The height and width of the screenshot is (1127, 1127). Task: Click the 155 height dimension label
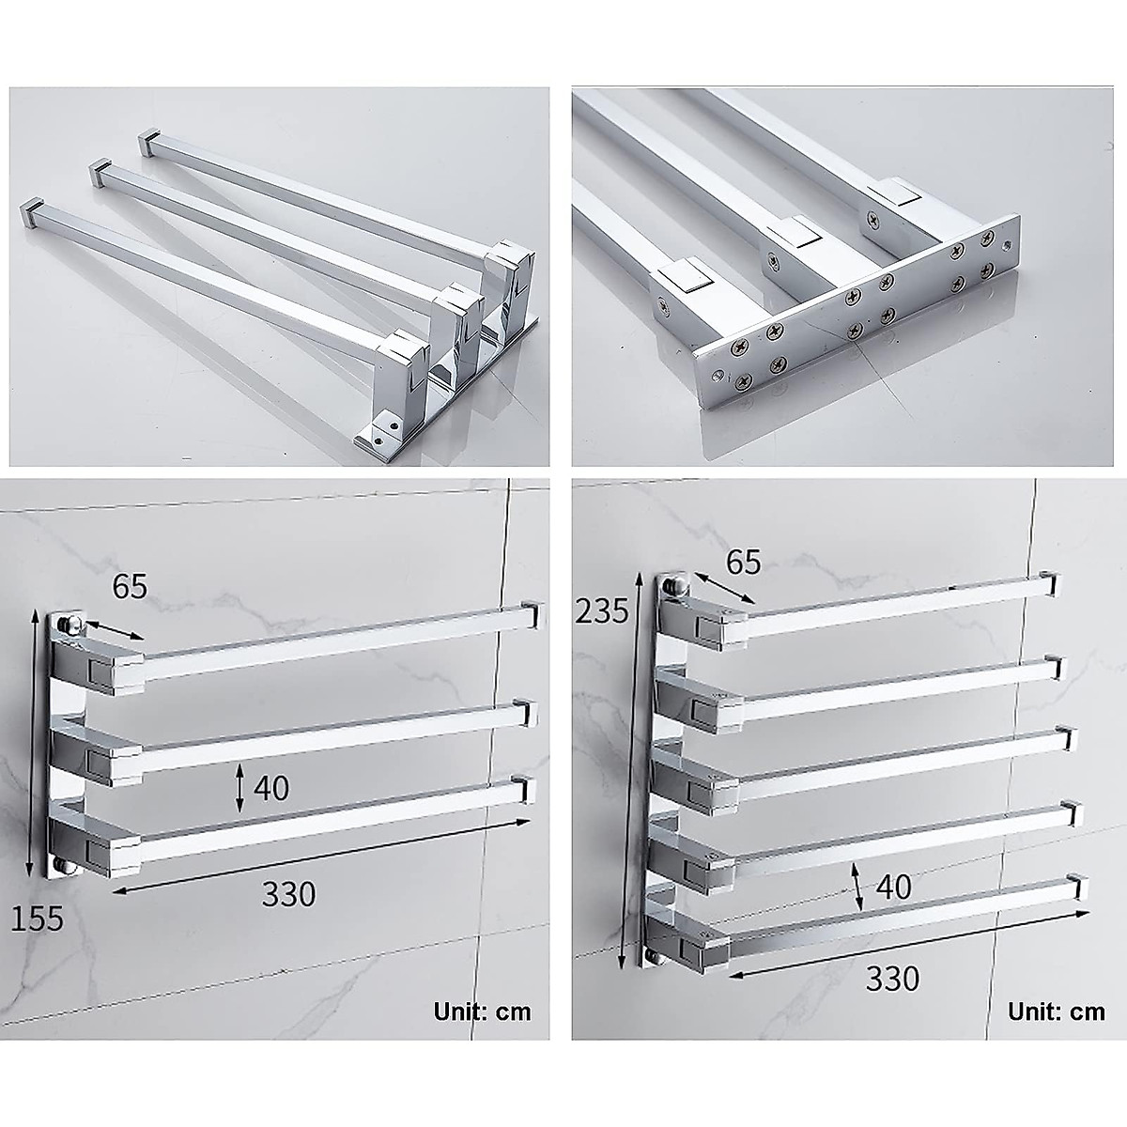tap(38, 917)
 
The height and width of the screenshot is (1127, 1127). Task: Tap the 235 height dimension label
tap(603, 611)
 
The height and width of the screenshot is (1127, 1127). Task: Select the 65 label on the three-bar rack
tap(130, 587)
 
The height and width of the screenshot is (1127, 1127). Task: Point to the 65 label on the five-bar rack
tap(742, 562)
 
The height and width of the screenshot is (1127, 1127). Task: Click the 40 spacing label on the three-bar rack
tap(270, 787)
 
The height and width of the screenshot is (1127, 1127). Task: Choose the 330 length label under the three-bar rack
tap(288, 894)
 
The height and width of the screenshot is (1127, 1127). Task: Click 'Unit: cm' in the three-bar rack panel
tap(482, 1011)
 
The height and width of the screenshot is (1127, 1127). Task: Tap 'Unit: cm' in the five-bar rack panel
tap(1057, 1011)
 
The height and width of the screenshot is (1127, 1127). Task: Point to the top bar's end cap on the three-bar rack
tap(533, 615)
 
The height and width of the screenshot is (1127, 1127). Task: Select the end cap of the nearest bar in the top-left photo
tap(34, 210)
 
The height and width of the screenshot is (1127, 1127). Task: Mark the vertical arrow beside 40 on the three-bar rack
tap(240, 787)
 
